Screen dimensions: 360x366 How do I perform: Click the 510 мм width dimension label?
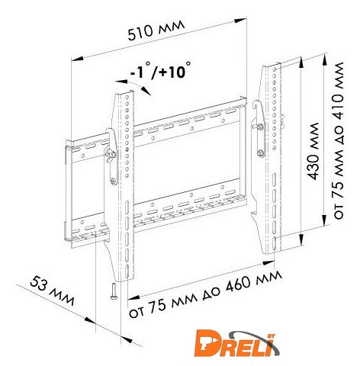156,30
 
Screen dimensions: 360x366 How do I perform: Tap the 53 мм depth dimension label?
53,291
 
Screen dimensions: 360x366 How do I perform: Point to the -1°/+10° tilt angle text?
160,70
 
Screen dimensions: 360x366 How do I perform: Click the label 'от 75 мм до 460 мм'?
206,294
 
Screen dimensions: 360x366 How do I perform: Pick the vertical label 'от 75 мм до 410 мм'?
338,140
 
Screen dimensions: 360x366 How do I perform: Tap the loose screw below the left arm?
114,291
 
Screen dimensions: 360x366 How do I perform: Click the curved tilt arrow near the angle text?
133,86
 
